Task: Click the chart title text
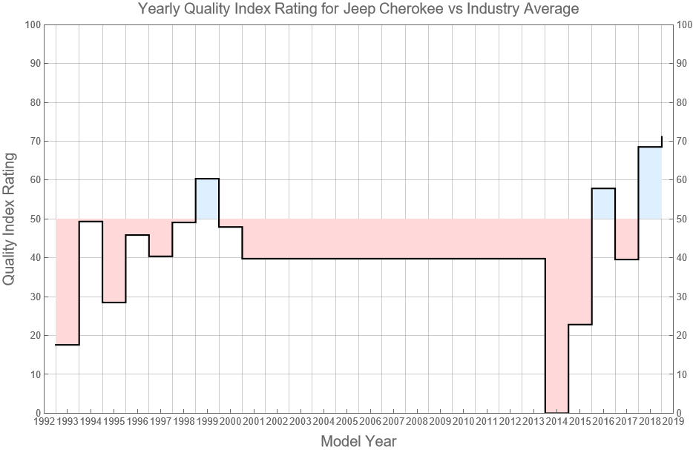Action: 358,10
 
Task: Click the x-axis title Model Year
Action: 358,441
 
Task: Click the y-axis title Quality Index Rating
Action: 10,219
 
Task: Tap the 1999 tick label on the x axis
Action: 207,422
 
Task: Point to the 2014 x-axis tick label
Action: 556,422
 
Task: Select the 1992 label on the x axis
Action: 45,422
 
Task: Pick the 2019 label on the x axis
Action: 673,422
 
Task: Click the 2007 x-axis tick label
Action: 393,422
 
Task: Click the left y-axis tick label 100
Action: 32,24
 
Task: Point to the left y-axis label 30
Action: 34,297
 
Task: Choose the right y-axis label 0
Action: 682,413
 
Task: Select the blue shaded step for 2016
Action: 603,204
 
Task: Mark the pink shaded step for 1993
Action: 68,282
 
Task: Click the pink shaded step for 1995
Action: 114,260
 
